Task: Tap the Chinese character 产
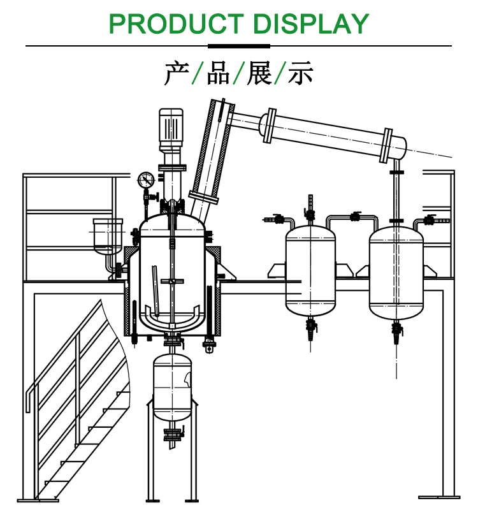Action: (x=175, y=74)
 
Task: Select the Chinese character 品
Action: (x=218, y=74)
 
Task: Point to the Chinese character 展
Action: (x=259, y=74)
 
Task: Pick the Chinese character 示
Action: (x=301, y=74)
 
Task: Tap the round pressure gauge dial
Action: (x=146, y=179)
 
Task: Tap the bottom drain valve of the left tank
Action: (x=311, y=328)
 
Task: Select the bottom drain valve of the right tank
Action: (x=396, y=330)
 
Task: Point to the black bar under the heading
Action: (x=239, y=46)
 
